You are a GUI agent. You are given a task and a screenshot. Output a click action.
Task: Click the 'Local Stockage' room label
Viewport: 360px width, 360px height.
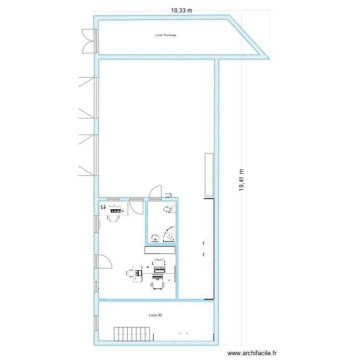(x=166, y=35)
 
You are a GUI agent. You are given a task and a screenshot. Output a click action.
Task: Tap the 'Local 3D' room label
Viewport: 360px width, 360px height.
(x=156, y=315)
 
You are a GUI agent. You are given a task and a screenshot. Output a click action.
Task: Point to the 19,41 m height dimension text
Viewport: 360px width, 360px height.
(x=241, y=180)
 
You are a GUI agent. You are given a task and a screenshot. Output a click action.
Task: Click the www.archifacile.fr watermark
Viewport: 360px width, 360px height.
(x=252, y=353)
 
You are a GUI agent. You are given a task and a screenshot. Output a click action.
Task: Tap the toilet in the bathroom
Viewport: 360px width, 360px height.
(x=168, y=209)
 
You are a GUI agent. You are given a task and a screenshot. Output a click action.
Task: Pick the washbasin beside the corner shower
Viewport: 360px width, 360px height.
(x=155, y=237)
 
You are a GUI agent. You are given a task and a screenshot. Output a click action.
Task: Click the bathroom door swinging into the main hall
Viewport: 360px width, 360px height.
(x=155, y=192)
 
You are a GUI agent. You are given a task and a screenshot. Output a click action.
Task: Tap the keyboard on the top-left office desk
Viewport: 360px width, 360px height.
(x=116, y=209)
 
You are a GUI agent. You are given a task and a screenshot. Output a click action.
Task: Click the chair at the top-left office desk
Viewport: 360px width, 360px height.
(x=113, y=218)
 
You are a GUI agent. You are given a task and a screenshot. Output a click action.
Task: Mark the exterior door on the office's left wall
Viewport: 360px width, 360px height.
(x=104, y=261)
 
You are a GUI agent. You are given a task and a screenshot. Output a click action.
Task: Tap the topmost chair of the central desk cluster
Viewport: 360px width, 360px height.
(x=159, y=263)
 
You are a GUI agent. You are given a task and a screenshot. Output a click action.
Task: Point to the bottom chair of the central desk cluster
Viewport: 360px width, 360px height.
(x=158, y=284)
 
